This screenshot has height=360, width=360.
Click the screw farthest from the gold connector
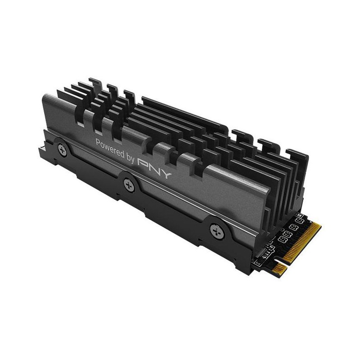63,150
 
